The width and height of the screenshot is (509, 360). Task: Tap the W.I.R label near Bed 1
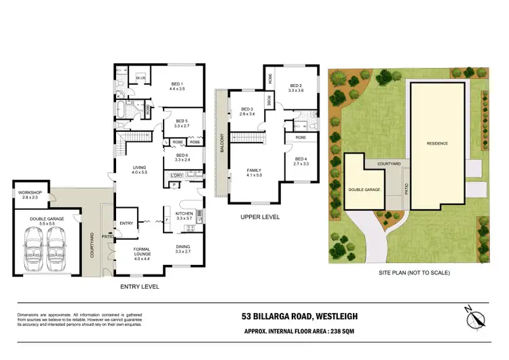(x=140, y=79)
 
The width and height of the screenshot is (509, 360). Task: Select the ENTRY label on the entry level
(x=127, y=223)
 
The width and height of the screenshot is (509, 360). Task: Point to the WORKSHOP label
(x=30, y=194)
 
